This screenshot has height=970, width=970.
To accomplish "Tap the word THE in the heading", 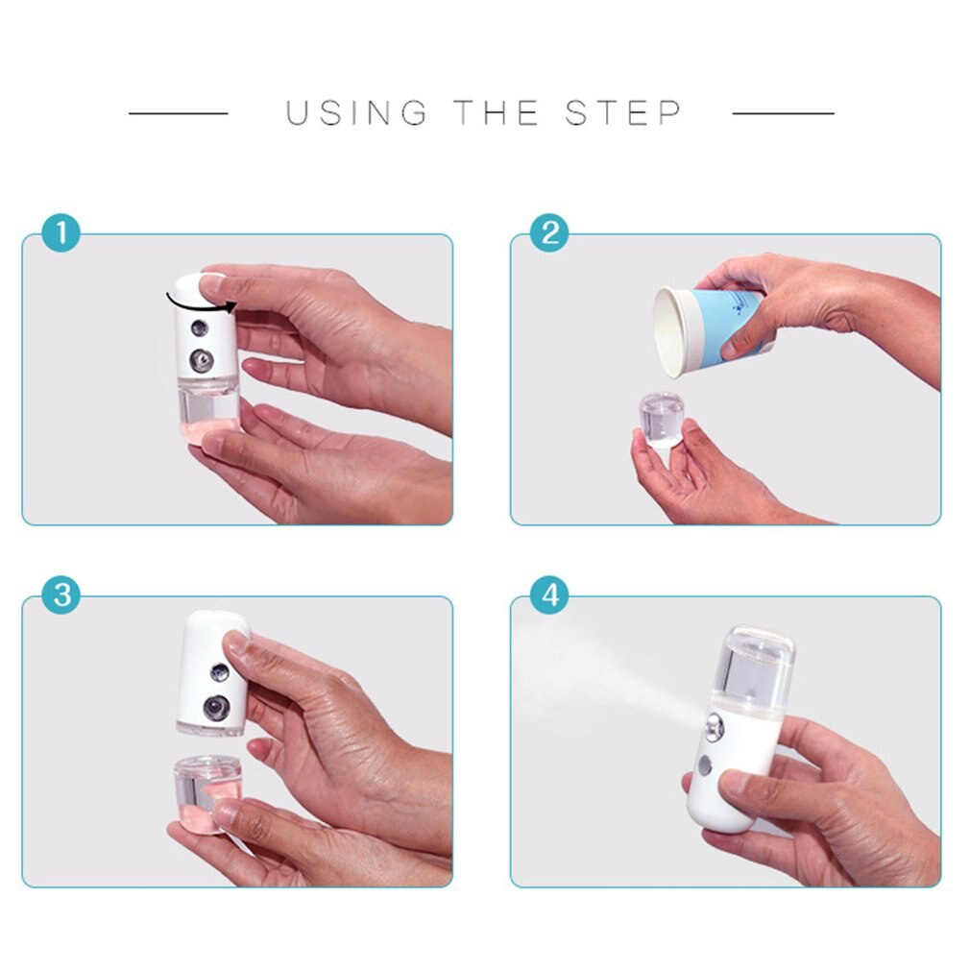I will tap(497, 113).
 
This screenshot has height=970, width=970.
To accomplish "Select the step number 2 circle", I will tap(549, 233).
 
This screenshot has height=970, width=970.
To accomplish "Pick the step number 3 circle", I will tap(61, 595).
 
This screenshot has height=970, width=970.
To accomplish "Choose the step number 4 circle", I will tap(549, 595).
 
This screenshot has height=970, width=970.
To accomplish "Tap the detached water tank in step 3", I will tap(206, 793).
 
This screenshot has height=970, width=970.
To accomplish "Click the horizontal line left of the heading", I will tap(179, 113).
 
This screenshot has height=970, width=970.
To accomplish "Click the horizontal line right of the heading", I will tap(783, 113).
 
